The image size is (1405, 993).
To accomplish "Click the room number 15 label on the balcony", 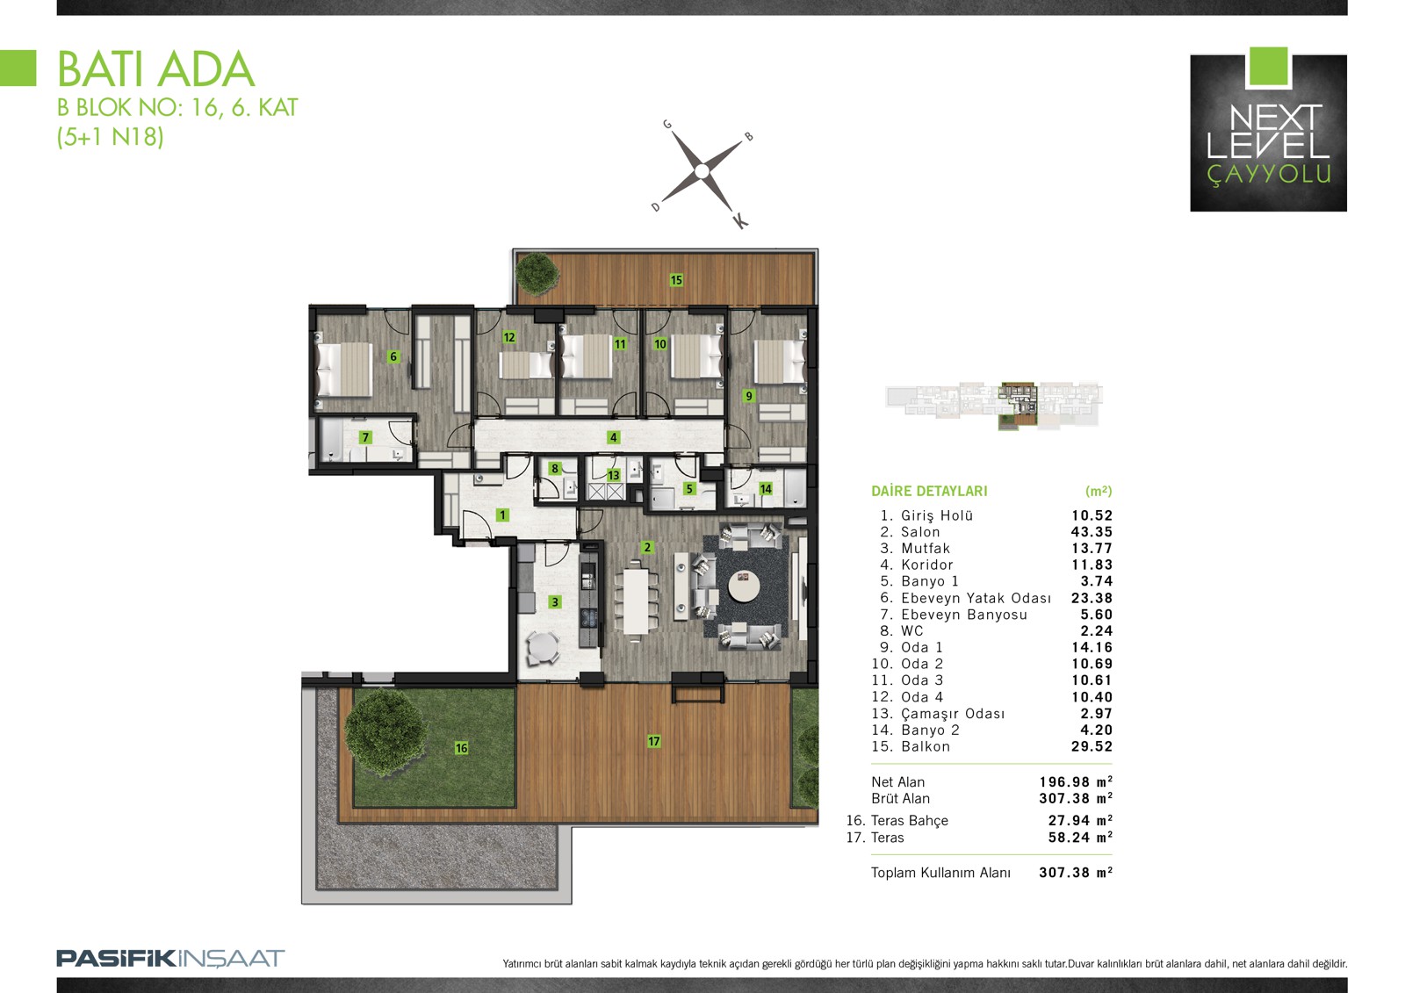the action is (676, 280).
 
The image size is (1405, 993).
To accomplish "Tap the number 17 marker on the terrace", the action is (653, 741).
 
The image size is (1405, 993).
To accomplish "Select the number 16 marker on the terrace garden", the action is (461, 748).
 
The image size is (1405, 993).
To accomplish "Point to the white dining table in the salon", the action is (636, 601).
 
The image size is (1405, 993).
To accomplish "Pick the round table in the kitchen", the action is (544, 646).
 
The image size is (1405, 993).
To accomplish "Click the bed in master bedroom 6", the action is (344, 370).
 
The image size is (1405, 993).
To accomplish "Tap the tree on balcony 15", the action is (537, 273).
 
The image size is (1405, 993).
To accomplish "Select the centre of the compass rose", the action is (702, 171).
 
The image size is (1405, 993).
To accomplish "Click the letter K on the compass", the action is (740, 220).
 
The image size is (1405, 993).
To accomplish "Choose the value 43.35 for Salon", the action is (1092, 532).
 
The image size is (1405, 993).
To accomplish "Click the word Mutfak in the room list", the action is (926, 548).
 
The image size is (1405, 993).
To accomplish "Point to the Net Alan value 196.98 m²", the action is (1076, 781).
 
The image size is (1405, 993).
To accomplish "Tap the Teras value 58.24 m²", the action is (1080, 837).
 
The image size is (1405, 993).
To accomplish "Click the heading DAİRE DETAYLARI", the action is (929, 491).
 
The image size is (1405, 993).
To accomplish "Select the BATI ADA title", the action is (156, 69).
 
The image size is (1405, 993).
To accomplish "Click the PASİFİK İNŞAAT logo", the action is (170, 959).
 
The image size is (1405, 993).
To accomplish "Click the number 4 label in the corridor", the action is (613, 437).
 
